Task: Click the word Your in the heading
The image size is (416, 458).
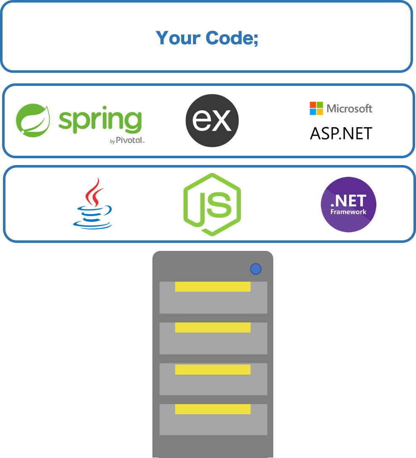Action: pyautogui.click(x=178, y=38)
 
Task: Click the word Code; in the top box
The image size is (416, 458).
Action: pyautogui.click(x=232, y=38)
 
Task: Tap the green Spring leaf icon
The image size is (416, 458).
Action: pyautogui.click(x=33, y=120)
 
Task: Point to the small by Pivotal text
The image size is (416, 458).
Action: pyautogui.click(x=127, y=141)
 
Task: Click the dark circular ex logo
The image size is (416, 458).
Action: pyautogui.click(x=212, y=120)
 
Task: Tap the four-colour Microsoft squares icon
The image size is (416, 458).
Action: pyautogui.click(x=316, y=108)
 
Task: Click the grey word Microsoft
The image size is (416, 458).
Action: pyautogui.click(x=349, y=109)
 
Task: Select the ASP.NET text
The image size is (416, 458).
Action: pyautogui.click(x=341, y=133)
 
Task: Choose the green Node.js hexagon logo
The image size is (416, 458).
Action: pyautogui.click(x=212, y=204)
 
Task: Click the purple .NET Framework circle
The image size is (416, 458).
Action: pyautogui.click(x=348, y=204)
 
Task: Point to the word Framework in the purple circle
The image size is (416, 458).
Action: pyautogui.click(x=348, y=212)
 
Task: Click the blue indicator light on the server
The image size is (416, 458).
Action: pyautogui.click(x=256, y=269)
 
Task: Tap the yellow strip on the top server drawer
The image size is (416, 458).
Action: pyautogui.click(x=213, y=287)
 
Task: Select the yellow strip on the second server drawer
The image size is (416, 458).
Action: pyautogui.click(x=213, y=328)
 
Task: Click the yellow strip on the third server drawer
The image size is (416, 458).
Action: pyautogui.click(x=213, y=369)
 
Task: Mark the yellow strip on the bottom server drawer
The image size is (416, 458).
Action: pyautogui.click(x=213, y=409)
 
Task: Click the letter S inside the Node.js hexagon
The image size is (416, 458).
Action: pyautogui.click(x=221, y=204)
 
